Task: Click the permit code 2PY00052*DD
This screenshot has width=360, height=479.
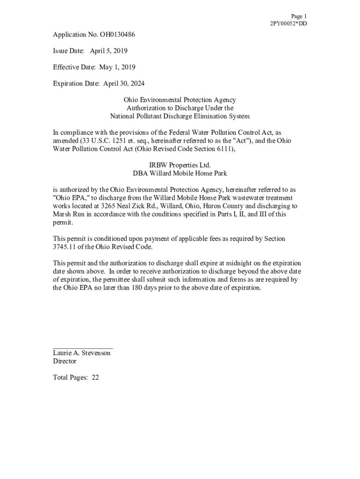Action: coord(288,23)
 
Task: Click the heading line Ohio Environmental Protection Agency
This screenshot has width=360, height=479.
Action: coord(180,100)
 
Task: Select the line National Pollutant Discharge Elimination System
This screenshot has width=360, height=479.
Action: coord(180,116)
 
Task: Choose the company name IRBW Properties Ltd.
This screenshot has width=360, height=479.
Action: coord(180,165)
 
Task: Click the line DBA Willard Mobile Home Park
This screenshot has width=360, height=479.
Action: coord(180,173)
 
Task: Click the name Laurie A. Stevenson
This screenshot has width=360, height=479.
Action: coord(82,353)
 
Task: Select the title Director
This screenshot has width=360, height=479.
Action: coord(65,362)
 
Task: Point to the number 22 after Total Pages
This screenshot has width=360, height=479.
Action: coord(95,378)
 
